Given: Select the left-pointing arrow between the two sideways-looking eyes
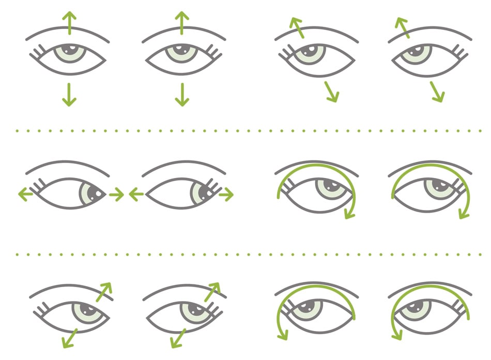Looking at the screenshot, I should coord(136,194).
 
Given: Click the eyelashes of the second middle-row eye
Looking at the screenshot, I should coord(211,185).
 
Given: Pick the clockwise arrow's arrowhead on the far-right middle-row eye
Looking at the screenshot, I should coord(463,212).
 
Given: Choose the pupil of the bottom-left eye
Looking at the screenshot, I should coord(85,310).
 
